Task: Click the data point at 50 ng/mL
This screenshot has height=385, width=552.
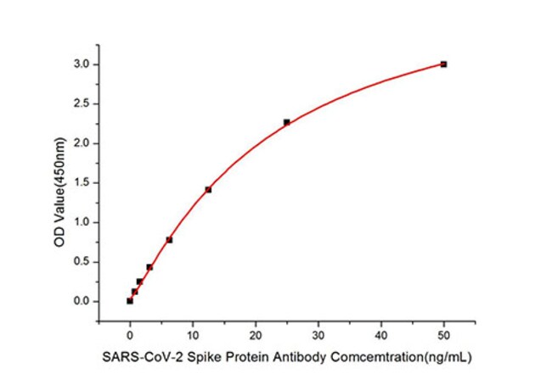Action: (443, 64)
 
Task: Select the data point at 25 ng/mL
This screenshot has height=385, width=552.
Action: (286, 122)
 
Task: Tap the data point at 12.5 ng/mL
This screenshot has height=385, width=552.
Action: (208, 189)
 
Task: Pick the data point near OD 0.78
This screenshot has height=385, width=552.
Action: (169, 240)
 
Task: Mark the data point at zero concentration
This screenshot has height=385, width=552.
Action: (130, 300)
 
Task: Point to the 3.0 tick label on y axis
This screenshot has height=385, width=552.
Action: (79, 64)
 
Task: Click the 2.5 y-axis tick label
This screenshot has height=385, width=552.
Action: (79, 103)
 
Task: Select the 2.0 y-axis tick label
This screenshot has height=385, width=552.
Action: (79, 143)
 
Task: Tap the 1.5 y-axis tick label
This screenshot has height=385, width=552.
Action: (79, 182)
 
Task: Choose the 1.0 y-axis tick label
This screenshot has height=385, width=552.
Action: (79, 222)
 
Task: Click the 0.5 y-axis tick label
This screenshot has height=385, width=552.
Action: (79, 261)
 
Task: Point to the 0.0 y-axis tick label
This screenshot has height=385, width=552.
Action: (79, 301)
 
